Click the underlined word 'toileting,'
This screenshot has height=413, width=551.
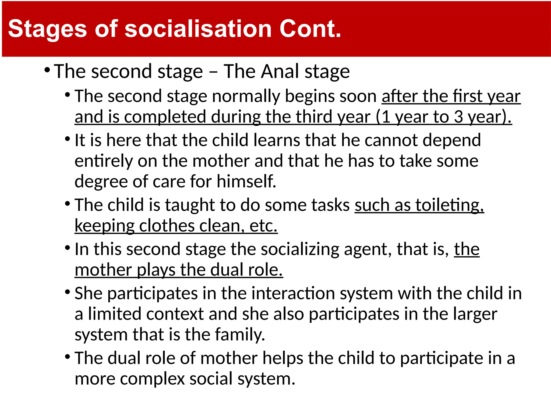coord(450,205)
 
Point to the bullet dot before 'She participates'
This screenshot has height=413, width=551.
coord(68,292)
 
